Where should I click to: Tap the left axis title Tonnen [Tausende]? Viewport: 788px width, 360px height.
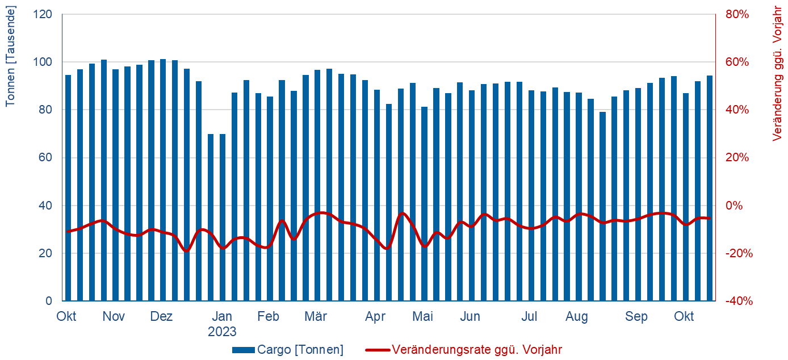10,56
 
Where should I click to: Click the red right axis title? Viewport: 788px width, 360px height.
778,74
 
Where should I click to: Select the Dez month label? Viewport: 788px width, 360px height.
161,317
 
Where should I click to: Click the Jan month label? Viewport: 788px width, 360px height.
221,317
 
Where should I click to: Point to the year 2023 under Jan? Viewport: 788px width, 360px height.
221,332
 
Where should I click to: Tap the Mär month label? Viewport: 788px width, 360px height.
316,317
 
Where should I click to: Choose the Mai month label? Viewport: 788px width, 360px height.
422,317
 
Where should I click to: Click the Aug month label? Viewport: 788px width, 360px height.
577,317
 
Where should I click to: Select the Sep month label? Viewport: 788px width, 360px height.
636,317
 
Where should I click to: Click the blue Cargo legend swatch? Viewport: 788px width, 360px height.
243,350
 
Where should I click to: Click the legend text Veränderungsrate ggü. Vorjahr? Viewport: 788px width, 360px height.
477,350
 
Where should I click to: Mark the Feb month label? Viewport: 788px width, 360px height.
268,317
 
